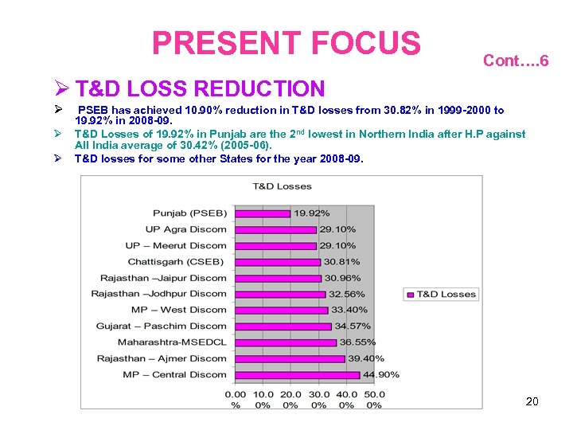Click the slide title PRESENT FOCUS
(286, 43)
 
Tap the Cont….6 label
(515, 61)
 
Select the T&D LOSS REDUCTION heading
(200, 88)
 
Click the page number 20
(532, 401)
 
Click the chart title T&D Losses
(282, 186)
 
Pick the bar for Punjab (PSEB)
(263, 213)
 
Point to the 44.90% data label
(380, 374)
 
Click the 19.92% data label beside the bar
(312, 213)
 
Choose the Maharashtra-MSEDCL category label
(172, 342)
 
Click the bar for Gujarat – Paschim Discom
(283, 326)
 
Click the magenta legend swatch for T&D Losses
(410, 294)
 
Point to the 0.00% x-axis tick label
(236, 399)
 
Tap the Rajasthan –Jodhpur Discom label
(159, 294)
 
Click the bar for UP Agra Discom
(275, 229)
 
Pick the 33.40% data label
(349, 310)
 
